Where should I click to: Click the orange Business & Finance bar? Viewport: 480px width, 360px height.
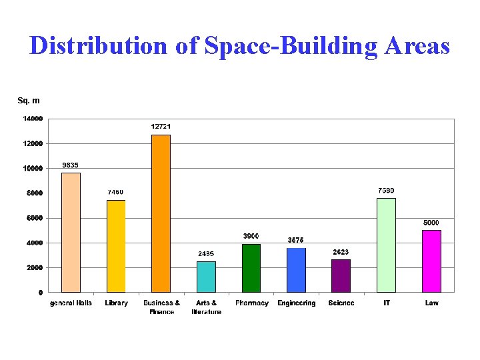tap(161, 213)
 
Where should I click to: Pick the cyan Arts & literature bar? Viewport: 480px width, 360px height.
tap(206, 277)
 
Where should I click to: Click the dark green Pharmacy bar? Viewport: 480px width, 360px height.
tap(251, 268)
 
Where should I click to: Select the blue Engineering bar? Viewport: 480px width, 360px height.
tap(296, 270)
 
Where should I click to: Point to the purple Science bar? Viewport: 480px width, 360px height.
tap(341, 276)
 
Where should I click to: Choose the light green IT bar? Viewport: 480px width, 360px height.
tap(386, 245)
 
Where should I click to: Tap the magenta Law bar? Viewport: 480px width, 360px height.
tap(431, 261)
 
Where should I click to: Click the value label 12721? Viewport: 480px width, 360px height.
tap(161, 127)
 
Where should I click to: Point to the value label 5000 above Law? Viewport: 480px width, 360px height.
tap(431, 222)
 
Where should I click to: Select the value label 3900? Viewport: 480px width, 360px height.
tap(251, 236)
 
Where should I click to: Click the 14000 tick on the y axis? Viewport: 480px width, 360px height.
tap(33, 119)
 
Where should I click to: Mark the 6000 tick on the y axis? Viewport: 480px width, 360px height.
tap(35, 218)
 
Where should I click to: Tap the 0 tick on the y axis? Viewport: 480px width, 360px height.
tap(41, 292)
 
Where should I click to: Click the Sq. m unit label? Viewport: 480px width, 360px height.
tap(28, 101)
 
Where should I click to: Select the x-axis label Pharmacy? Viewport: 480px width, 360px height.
tap(251, 303)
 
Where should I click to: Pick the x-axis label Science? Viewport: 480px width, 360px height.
tap(341, 303)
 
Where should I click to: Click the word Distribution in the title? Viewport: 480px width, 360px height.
tap(99, 45)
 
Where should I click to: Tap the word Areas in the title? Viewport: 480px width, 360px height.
tap(417, 45)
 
